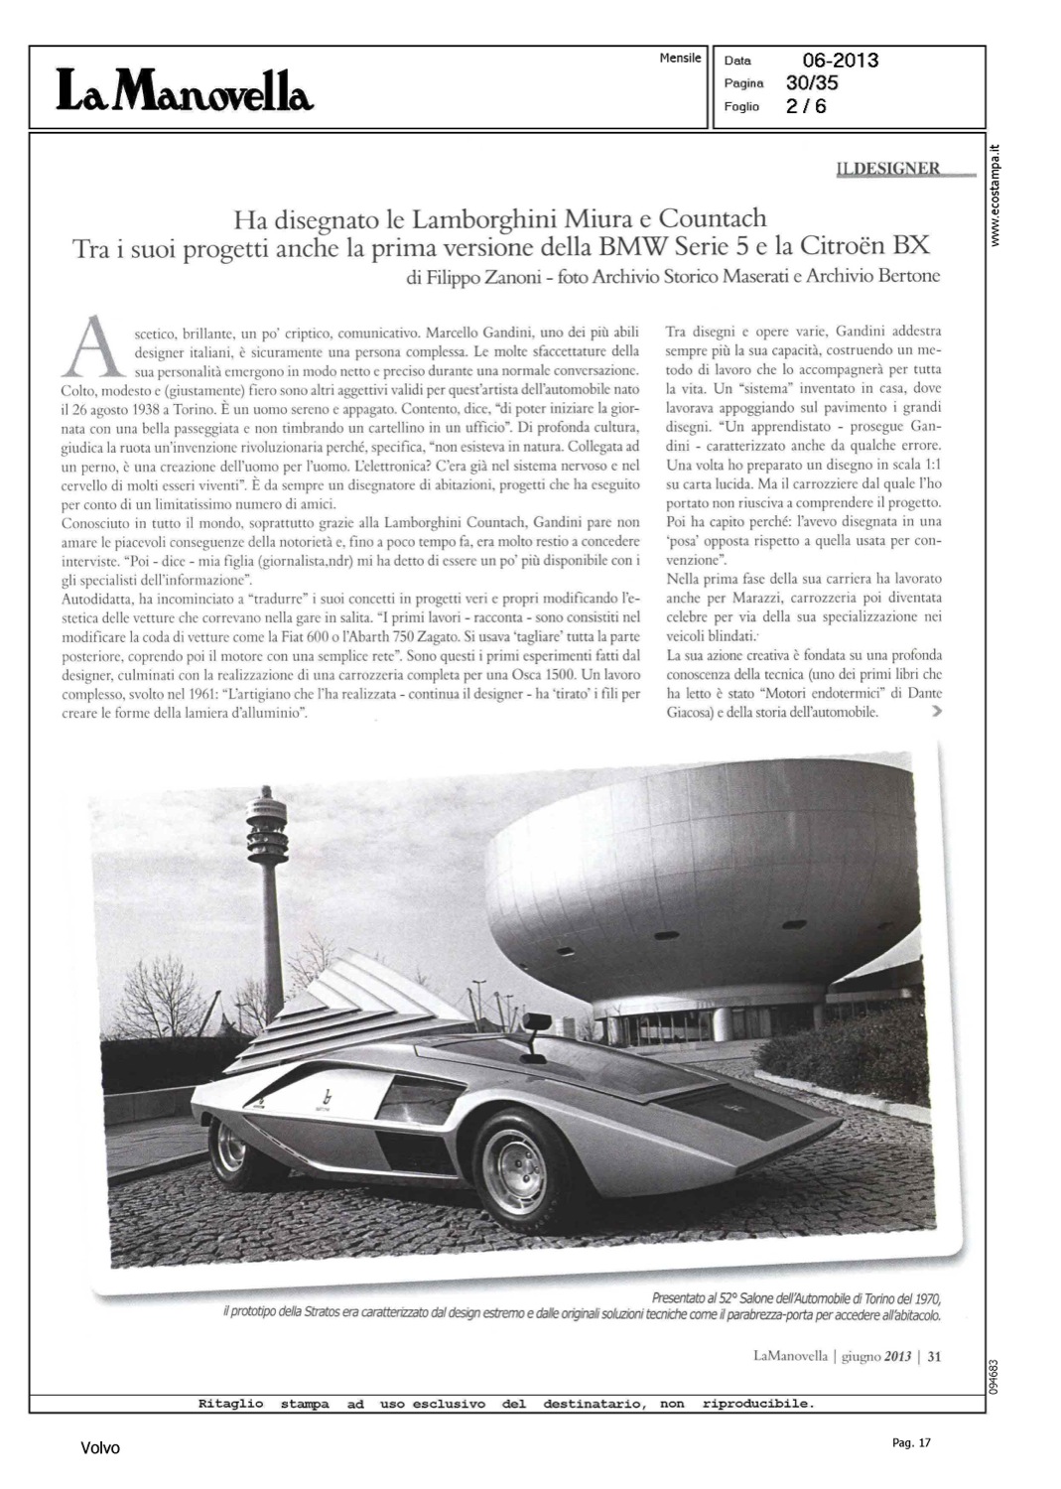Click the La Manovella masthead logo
(x=185, y=90)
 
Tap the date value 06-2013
(x=840, y=61)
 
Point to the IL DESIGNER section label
(x=888, y=169)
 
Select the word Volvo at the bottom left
(x=100, y=1448)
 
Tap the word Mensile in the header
(x=680, y=59)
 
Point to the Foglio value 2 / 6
(x=805, y=106)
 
